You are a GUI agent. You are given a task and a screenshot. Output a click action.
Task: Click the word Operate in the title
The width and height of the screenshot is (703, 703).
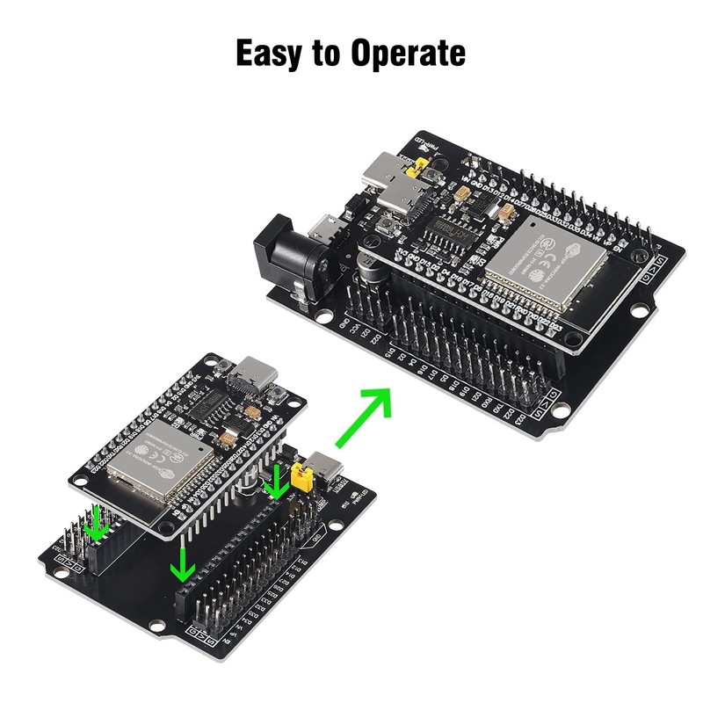(x=408, y=54)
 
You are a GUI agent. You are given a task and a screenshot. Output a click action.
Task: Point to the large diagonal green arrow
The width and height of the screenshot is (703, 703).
(x=362, y=418)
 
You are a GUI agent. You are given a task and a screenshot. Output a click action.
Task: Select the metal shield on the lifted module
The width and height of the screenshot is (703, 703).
(x=159, y=463)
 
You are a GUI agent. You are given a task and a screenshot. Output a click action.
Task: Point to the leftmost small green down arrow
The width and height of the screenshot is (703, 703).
(x=98, y=526)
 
